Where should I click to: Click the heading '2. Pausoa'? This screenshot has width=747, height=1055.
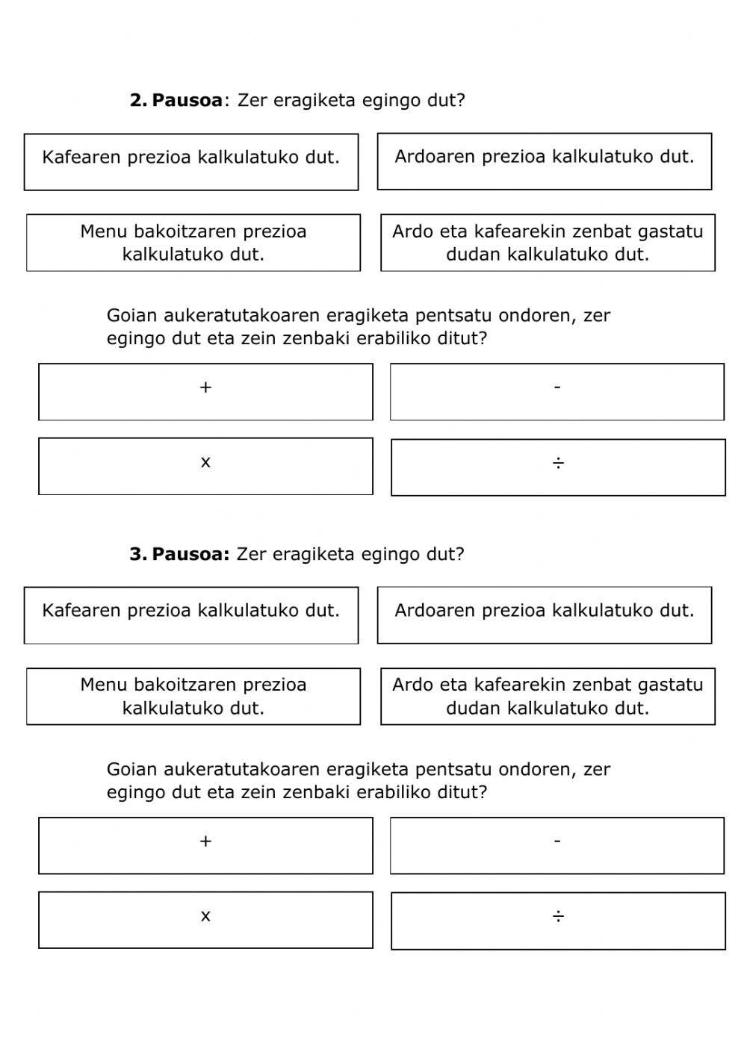(176, 100)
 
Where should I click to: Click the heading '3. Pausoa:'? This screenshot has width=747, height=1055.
(179, 554)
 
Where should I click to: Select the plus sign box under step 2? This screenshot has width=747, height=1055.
(205, 392)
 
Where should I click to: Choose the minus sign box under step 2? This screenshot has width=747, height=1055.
(557, 392)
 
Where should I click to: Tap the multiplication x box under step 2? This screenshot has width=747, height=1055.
(205, 466)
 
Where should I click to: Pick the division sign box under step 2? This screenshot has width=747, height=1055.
(558, 467)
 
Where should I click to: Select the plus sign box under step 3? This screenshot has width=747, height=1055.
(205, 845)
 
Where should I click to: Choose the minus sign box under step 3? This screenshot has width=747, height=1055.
(557, 845)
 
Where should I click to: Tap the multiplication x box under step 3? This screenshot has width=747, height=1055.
(205, 920)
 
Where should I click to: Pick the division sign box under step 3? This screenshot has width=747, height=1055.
(558, 921)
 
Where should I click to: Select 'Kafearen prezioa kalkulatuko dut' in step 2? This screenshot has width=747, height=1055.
(191, 162)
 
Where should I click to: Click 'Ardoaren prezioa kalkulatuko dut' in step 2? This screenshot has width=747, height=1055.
(545, 161)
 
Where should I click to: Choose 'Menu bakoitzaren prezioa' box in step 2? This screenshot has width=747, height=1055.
(193, 243)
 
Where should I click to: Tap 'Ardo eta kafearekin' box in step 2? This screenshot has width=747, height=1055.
(548, 243)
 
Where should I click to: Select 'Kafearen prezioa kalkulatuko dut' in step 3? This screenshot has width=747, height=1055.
(191, 615)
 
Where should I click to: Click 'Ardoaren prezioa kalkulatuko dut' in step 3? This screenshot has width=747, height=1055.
(545, 615)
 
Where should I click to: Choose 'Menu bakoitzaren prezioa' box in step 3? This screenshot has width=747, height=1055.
(193, 696)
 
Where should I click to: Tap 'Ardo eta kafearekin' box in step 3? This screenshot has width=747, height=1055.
(548, 696)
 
